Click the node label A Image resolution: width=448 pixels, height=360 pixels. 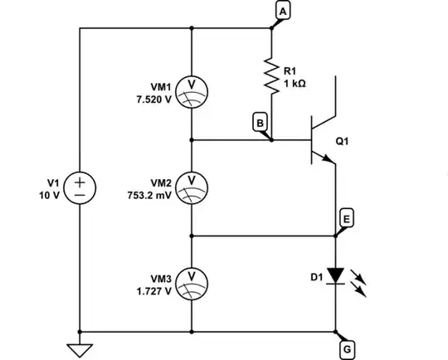pyautogui.click(x=284, y=11)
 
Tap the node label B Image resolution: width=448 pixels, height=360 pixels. pyautogui.click(x=260, y=124)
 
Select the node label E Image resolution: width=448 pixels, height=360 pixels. pyautogui.click(x=348, y=218)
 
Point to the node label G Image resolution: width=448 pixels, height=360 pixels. pyautogui.click(x=348, y=349)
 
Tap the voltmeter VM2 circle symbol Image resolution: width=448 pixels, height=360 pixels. pyautogui.click(x=192, y=187)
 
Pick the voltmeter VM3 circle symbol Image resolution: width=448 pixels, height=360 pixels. pyautogui.click(x=192, y=282)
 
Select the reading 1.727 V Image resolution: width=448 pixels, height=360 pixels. pyautogui.click(x=155, y=291)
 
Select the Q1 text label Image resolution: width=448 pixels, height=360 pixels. pyautogui.click(x=342, y=141)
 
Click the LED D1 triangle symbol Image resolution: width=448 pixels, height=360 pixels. pyautogui.click(x=335, y=275)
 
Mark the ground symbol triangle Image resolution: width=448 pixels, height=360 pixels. pyautogui.click(x=80, y=350)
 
